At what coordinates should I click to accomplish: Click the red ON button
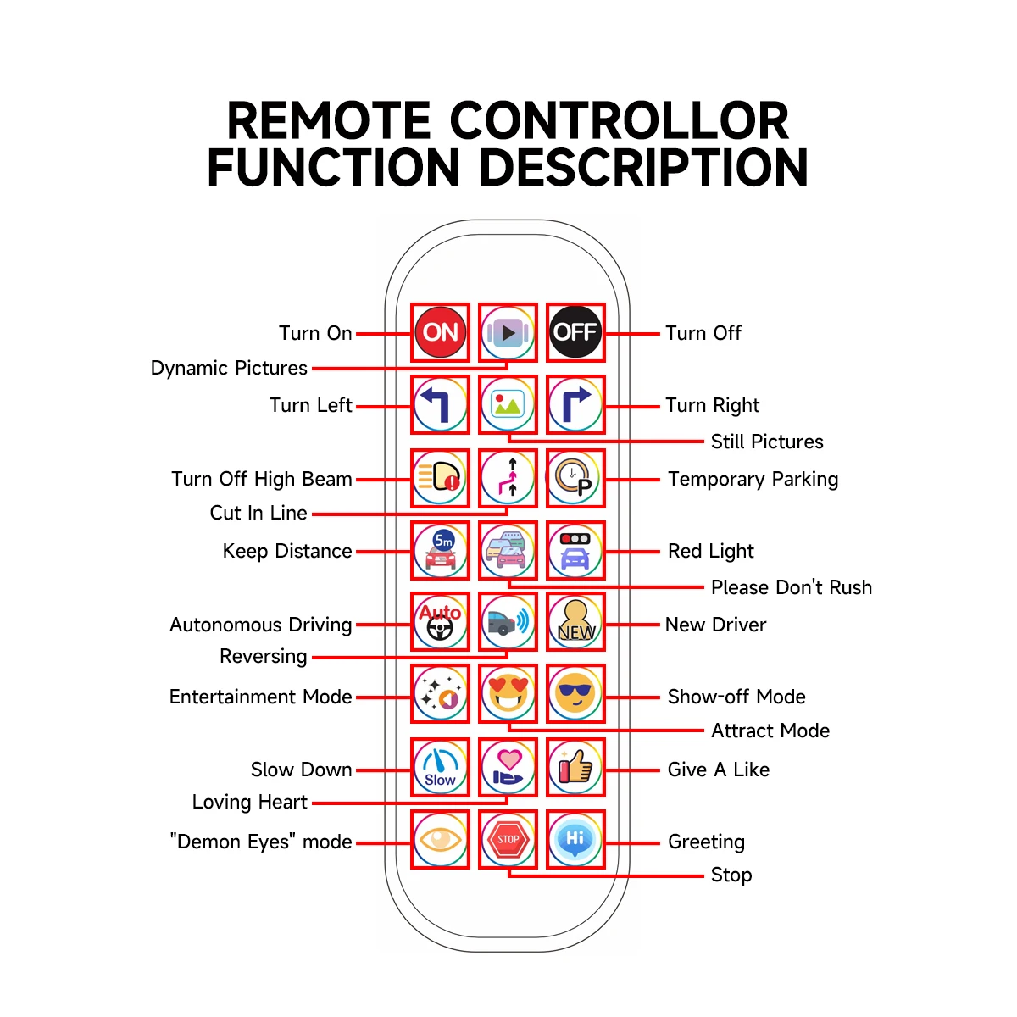440,332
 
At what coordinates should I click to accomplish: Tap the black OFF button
575,332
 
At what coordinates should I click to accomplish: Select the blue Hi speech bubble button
575,839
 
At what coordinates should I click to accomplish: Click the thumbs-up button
575,767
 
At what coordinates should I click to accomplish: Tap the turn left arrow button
440,404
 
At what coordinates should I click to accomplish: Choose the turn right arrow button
575,404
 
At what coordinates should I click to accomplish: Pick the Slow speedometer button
440,767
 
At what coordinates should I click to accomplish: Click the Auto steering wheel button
440,622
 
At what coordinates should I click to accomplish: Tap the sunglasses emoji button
575,694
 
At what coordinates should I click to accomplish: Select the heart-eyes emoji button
508,694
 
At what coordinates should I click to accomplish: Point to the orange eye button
440,839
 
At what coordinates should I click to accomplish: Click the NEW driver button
575,622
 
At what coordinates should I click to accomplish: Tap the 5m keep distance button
440,550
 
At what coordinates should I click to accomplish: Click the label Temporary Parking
753,480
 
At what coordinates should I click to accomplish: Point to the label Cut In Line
258,513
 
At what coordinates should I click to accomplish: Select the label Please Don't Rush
791,587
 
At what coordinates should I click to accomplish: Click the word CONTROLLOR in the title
619,120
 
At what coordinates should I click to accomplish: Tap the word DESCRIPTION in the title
644,167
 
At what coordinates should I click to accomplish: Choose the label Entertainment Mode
260,697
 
